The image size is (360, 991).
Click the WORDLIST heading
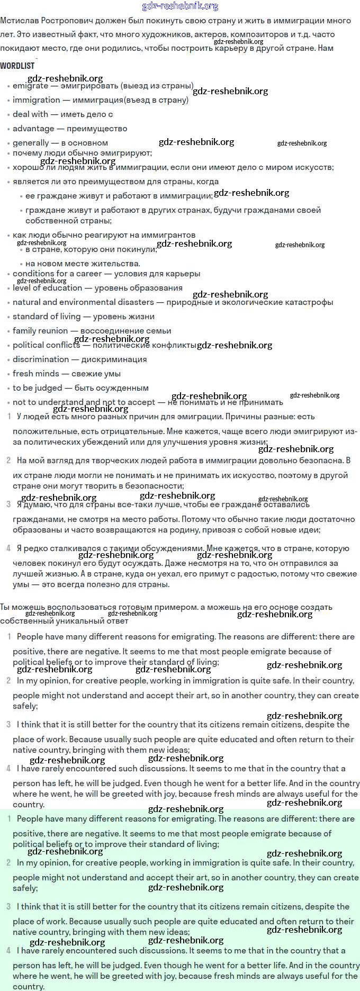[x=17, y=66]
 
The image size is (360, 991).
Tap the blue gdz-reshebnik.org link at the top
[x=180, y=6]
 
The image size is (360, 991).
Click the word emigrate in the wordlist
[x=31, y=86]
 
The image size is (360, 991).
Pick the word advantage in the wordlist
[x=33, y=129]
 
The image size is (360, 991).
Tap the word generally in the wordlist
[x=31, y=143]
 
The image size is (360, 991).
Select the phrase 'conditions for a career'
[x=57, y=274]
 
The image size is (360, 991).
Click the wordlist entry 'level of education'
[x=48, y=288]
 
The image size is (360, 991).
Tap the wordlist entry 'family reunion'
[x=40, y=331]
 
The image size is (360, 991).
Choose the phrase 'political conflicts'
[x=47, y=345]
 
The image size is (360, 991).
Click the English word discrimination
[x=41, y=359]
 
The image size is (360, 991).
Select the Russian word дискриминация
[x=114, y=359]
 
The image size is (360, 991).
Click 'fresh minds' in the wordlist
[x=36, y=374]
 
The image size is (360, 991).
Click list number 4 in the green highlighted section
[x=8, y=951]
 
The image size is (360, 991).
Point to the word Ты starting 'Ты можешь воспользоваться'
[x=5, y=607]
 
